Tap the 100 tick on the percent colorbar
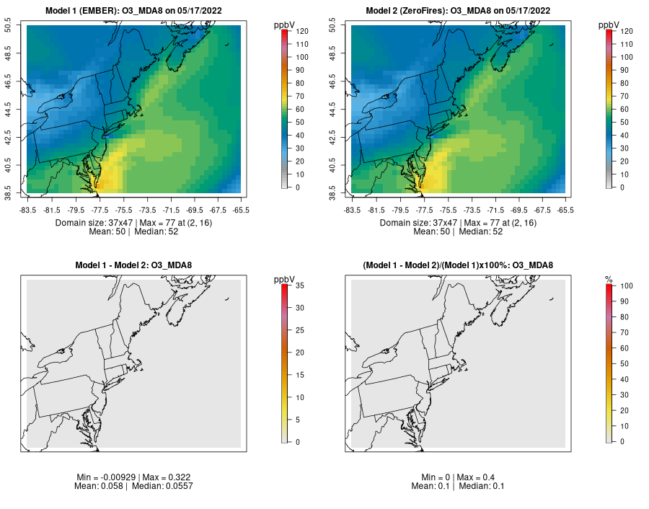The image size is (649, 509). pos(624,286)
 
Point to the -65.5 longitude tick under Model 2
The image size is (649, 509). pos(565,210)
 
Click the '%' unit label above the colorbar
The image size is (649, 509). pos(609,279)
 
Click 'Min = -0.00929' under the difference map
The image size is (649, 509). pos(105,477)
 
